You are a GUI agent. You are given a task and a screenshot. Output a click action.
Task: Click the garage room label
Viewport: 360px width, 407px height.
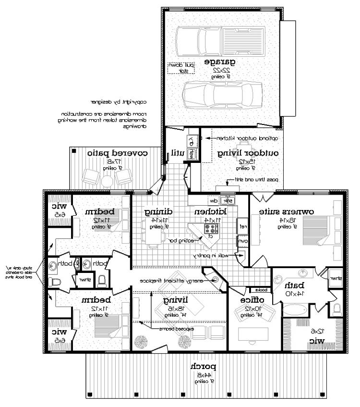click(221, 62)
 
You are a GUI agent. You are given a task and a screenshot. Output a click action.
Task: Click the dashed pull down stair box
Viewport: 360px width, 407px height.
click(181, 67)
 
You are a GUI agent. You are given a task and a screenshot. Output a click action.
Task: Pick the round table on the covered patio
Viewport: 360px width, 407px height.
click(107, 179)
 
